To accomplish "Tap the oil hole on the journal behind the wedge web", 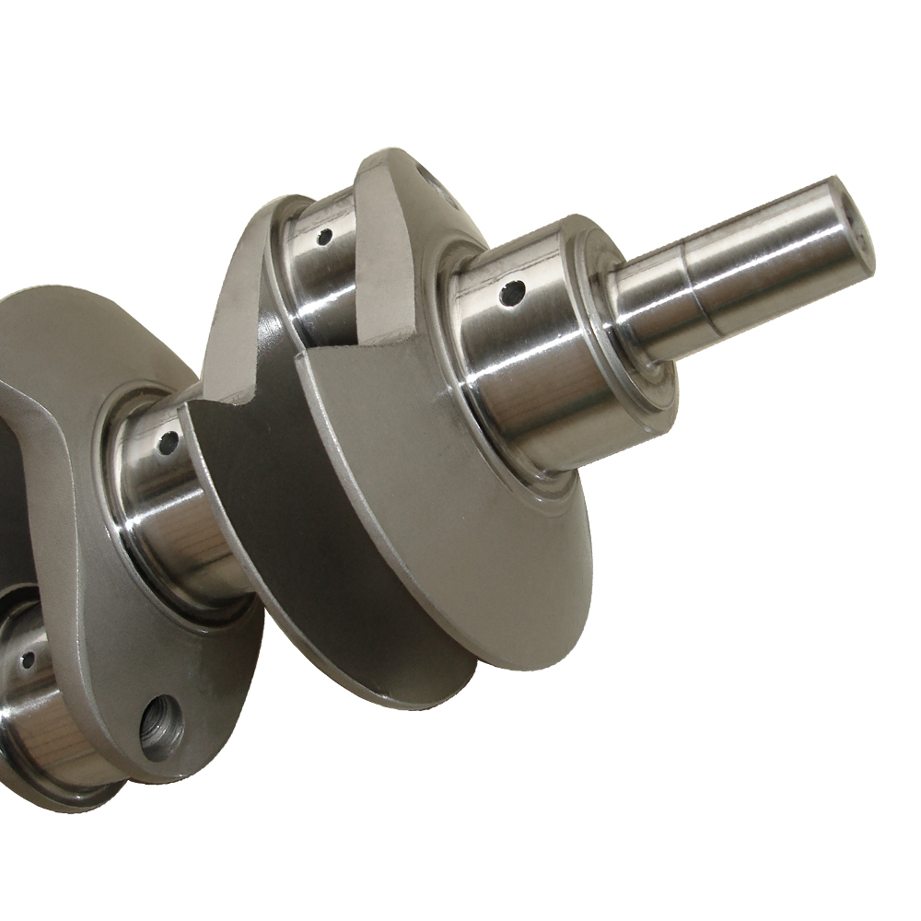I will tap(323, 237).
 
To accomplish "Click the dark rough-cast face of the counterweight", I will tap(267, 479).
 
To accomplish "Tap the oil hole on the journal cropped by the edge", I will tap(29, 659).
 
